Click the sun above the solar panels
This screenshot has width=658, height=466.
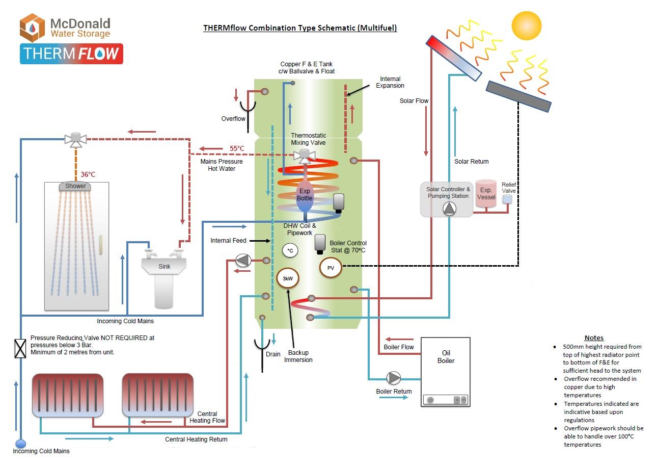point(527,25)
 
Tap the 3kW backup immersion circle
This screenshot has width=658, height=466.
point(288,278)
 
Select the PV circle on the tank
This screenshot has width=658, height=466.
point(331,268)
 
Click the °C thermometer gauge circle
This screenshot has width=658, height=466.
point(290,250)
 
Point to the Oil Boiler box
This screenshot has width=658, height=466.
point(446,372)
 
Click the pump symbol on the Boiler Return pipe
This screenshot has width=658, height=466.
point(393,378)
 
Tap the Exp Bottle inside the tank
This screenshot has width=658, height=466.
point(305,195)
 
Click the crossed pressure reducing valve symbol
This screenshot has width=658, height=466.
point(20,348)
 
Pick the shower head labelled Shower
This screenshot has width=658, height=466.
point(75,186)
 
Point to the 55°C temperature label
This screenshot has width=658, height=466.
point(237,148)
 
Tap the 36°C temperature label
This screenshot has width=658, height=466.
point(88,174)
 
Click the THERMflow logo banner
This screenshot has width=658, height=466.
point(71,54)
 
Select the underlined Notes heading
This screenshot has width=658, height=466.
point(594,338)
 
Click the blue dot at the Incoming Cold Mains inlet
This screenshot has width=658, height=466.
point(20,444)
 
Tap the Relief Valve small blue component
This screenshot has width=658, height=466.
point(507,199)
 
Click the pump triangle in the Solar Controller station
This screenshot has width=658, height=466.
point(449,209)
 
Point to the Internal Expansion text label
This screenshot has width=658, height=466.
point(390,82)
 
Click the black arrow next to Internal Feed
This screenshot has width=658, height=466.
point(260,241)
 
